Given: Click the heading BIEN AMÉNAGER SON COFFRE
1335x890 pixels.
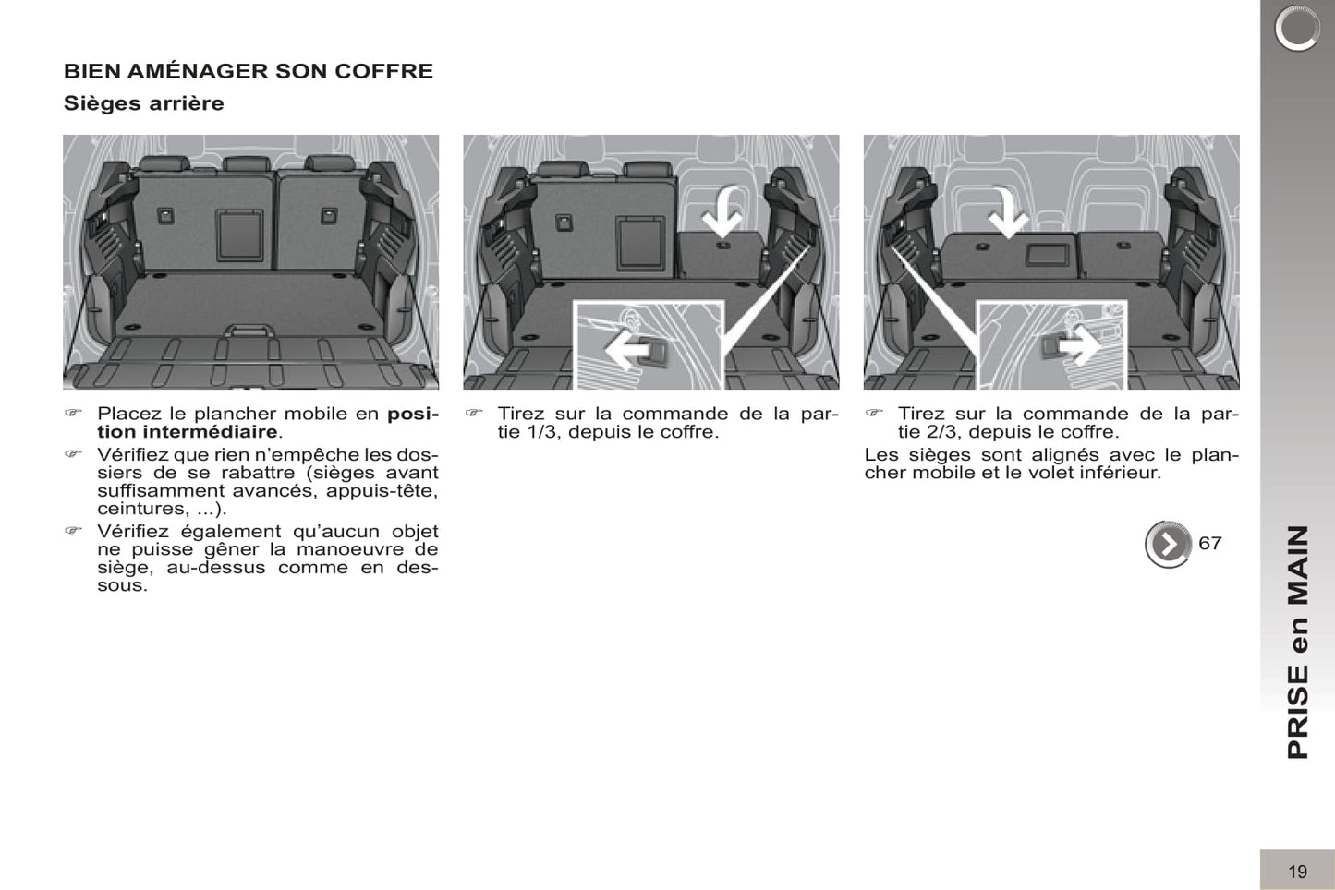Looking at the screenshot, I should click(248, 71).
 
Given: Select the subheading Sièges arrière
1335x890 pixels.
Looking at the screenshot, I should click(143, 103).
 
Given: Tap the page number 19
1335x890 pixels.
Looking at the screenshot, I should click(1297, 871).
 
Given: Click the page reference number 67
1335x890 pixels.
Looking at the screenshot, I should click(1209, 544).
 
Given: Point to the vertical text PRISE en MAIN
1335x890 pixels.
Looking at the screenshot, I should click(1298, 642).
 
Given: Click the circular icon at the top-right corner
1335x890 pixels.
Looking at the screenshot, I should click(1296, 29).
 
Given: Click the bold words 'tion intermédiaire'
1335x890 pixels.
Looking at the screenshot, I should click(187, 432).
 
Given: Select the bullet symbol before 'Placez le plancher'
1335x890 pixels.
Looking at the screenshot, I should click(73, 414).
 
